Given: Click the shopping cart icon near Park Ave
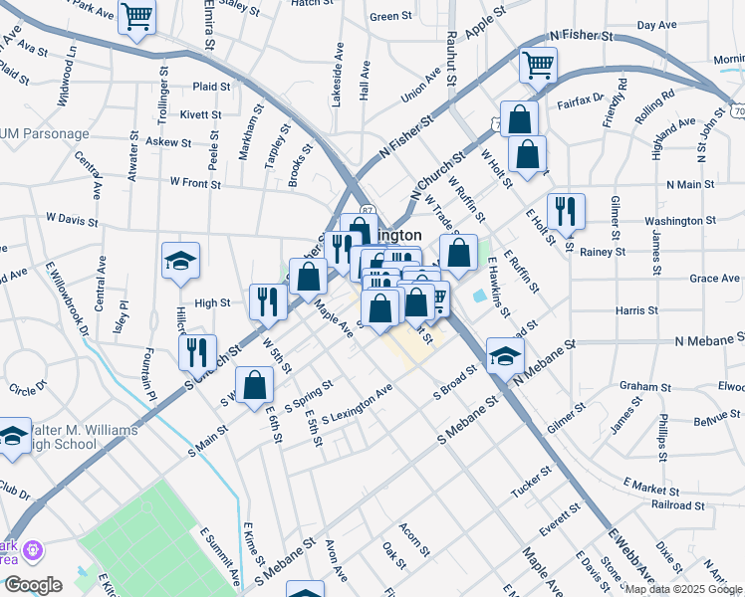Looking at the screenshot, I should point(135,16).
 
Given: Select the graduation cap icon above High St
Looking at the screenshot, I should point(181,262).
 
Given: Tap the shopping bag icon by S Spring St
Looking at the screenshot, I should point(255,385).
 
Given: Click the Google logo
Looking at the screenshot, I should point(33,584).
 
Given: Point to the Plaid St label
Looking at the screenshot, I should point(211,87).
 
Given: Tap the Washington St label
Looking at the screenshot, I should point(680,220).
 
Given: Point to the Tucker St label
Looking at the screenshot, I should point(531,482).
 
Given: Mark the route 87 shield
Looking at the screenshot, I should point(368,209).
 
